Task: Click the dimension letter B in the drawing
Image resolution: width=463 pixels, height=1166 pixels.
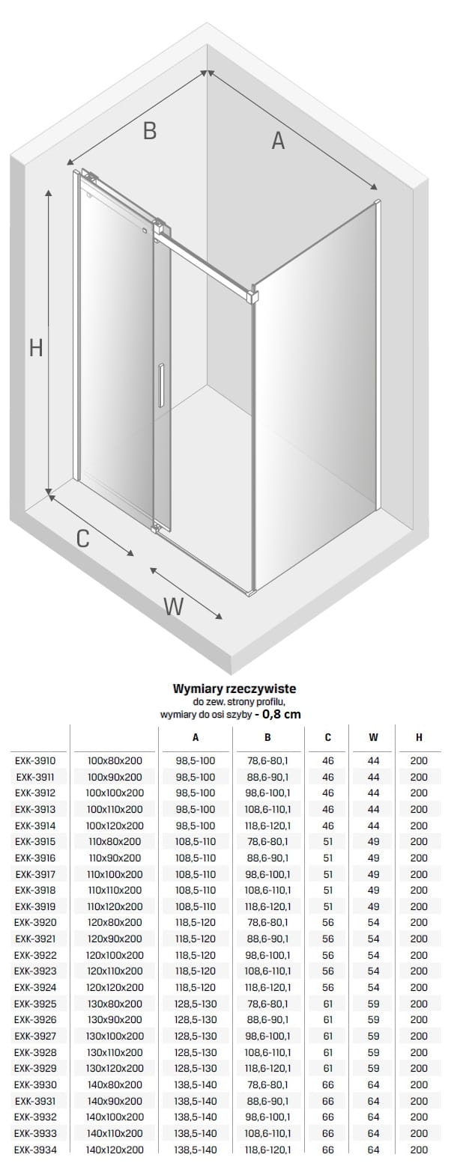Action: pyautogui.click(x=150, y=130)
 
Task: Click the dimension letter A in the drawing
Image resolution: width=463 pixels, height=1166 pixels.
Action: pyautogui.click(x=278, y=140)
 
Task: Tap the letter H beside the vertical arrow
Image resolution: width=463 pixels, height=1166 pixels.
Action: pyautogui.click(x=36, y=348)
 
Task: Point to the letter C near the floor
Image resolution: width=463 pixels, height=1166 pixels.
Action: pyautogui.click(x=83, y=538)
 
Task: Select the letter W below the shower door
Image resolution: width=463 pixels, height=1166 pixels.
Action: pyautogui.click(x=173, y=606)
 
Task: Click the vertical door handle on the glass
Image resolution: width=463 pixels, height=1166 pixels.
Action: pyautogui.click(x=161, y=385)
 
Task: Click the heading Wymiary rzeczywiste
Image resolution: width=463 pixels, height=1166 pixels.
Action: pyautogui.click(x=234, y=688)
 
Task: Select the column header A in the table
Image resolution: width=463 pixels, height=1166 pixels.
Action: pyautogui.click(x=196, y=737)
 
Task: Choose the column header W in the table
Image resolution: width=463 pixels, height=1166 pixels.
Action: pyautogui.click(x=373, y=737)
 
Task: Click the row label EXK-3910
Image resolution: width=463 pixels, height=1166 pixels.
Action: pyautogui.click(x=35, y=760)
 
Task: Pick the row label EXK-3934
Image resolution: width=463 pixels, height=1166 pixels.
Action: pyautogui.click(x=35, y=1150)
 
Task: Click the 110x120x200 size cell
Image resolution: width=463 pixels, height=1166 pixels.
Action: pyautogui.click(x=115, y=906)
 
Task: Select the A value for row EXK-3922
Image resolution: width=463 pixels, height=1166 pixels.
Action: pyautogui.click(x=196, y=955)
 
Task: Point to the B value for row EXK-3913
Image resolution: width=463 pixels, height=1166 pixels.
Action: pyautogui.click(x=267, y=809)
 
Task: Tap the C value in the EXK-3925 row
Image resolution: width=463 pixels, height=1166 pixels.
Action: pyautogui.click(x=327, y=1004)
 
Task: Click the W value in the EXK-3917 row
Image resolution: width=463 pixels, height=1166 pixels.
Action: pyautogui.click(x=373, y=874)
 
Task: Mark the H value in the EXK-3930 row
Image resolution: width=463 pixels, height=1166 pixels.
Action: pyautogui.click(x=419, y=1084)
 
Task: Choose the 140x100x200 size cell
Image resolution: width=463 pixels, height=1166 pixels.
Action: pyautogui.click(x=115, y=1117)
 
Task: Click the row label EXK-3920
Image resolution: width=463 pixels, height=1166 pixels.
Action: pyautogui.click(x=35, y=922)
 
